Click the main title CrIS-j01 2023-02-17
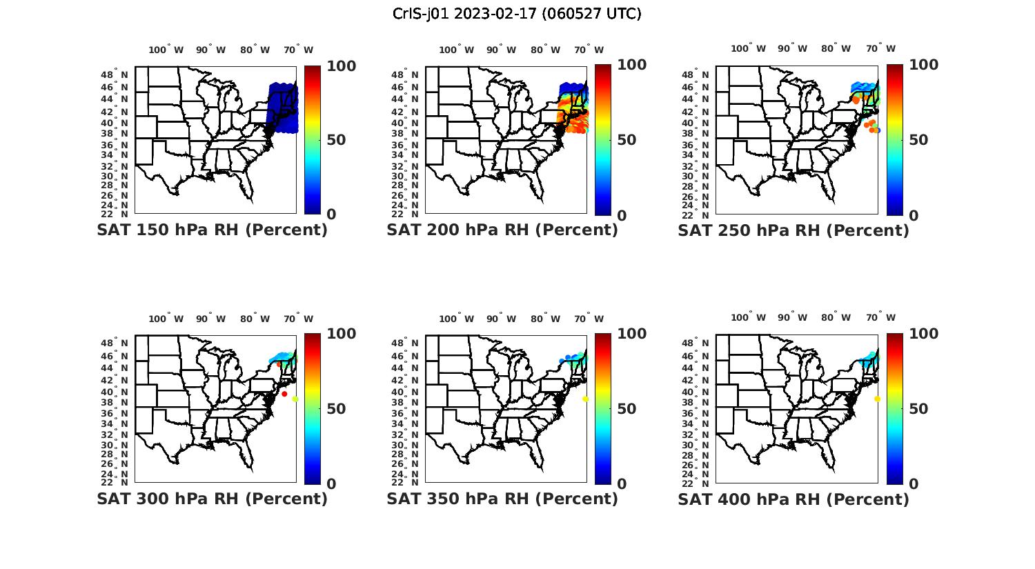(517, 14)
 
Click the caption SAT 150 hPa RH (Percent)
(213, 230)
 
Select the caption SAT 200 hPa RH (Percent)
(502, 230)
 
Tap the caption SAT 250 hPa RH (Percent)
(793, 230)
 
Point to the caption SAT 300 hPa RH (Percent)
(213, 499)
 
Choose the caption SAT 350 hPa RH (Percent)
(502, 499)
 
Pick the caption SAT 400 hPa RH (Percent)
(793, 499)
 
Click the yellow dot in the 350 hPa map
(585, 399)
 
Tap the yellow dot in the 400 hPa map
(877, 399)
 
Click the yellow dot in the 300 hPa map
(295, 399)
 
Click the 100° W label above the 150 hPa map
(166, 50)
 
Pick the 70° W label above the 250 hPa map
(881, 48)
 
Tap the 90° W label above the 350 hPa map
(502, 319)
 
